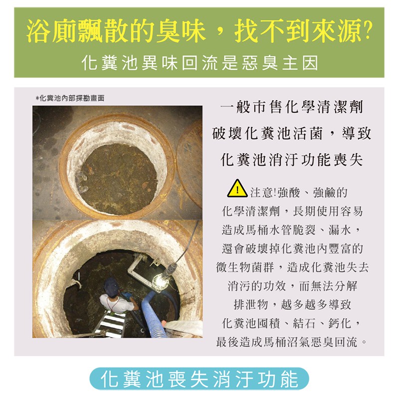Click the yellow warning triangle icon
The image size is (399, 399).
(x=237, y=189)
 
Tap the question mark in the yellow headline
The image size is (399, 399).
(x=367, y=30)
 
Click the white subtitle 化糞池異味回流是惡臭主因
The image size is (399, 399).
(x=200, y=63)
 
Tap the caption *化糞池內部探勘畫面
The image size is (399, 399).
(x=70, y=98)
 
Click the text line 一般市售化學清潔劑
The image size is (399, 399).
(x=292, y=107)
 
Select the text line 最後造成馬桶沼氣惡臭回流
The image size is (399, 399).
(x=292, y=342)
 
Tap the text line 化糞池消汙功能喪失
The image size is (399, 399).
(x=292, y=160)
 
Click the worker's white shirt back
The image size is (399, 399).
(x=116, y=303)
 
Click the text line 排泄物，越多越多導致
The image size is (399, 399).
(x=292, y=305)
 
